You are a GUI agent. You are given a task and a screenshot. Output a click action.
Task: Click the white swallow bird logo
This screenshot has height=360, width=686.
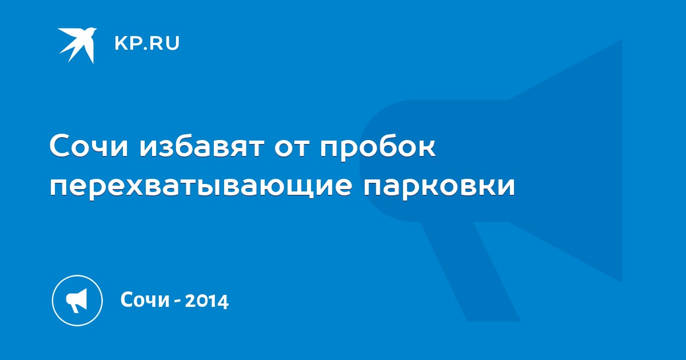pyautogui.click(x=77, y=45)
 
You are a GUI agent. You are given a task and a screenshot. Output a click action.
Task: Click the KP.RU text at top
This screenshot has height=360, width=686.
pyautogui.click(x=147, y=43)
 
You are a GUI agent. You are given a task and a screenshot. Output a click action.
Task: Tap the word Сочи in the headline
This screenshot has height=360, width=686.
pyautogui.click(x=89, y=146)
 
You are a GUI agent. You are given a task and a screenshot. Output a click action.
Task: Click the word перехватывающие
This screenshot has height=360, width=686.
pyautogui.click(x=201, y=187)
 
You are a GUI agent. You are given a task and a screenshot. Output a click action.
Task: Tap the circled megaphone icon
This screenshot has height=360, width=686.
pyautogui.click(x=77, y=300)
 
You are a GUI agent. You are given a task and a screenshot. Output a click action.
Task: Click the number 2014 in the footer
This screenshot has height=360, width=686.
pyautogui.click(x=207, y=301)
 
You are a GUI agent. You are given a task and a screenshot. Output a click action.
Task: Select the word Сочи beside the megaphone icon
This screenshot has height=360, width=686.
pyautogui.click(x=145, y=299)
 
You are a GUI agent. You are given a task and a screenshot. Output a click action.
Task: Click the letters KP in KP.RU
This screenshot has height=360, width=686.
pyautogui.click(x=127, y=43)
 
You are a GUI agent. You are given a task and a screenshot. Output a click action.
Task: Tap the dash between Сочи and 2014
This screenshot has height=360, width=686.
pyautogui.click(x=177, y=302)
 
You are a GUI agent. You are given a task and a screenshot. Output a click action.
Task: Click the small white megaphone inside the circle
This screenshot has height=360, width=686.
pyautogui.click(x=77, y=301)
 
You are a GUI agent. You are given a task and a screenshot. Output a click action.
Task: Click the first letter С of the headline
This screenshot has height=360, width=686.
pyautogui.click(x=60, y=146)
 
